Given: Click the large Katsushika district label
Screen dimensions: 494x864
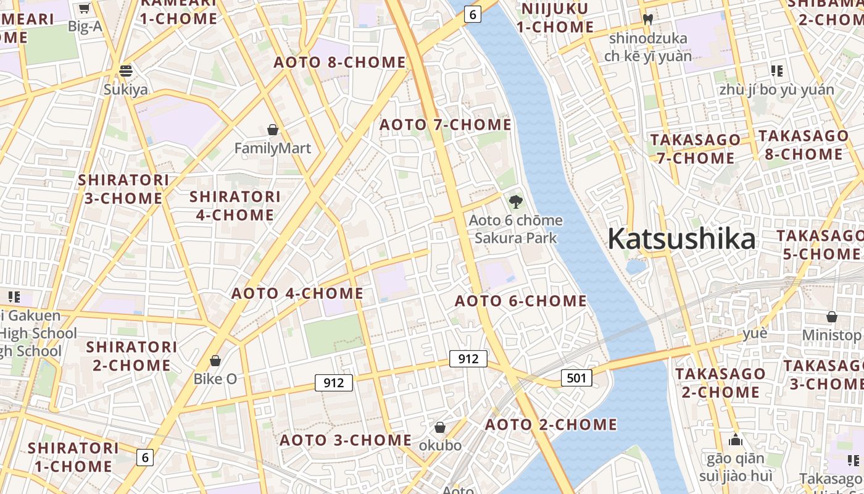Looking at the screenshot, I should tap(681, 239).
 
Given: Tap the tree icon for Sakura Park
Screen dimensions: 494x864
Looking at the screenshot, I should tap(515, 201).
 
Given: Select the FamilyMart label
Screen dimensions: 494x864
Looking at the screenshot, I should tap(273, 148).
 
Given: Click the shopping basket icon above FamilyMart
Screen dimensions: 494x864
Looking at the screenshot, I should tap(273, 130).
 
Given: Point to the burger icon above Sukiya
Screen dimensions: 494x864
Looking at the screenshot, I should tap(126, 71).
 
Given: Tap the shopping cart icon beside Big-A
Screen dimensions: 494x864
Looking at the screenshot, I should tap(84, 9).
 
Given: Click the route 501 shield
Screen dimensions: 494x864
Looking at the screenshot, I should tap(576, 377).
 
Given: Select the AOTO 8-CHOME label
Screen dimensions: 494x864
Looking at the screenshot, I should tap(340, 62).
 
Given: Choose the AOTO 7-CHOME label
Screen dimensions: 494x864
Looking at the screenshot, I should tap(445, 125).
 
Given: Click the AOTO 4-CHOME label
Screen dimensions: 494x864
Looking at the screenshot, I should tap(297, 293).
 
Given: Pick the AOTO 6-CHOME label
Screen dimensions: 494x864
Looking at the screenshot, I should tap(521, 301).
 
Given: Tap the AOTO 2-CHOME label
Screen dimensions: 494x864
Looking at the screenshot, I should tap(550, 425).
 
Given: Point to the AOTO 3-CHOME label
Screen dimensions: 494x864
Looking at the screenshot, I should tap(346, 440).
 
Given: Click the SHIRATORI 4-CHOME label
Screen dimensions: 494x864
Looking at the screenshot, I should tap(235, 206).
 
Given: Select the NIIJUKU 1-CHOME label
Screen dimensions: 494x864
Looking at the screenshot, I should tap(555, 18).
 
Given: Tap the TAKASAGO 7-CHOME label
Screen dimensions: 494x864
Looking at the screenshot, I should tap(695, 149).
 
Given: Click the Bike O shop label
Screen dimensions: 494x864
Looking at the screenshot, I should tap(215, 379).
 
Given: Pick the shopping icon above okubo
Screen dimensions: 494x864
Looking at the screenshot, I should tap(440, 427).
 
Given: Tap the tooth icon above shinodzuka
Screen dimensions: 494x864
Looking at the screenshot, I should tap(647, 19).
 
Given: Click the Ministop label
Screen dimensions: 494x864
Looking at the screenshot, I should tap(831, 335).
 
